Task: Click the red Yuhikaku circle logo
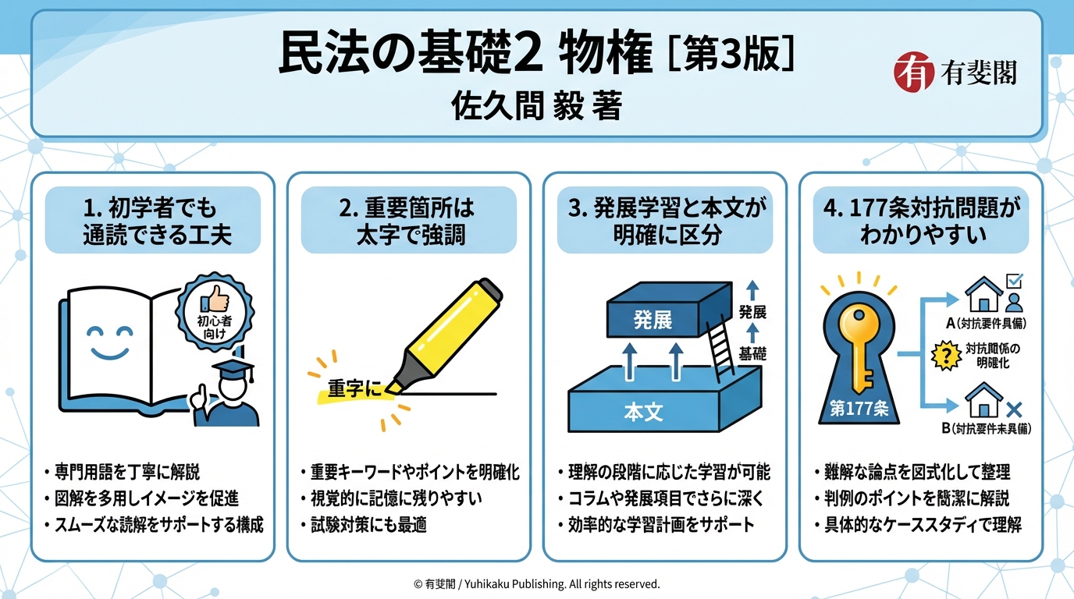pyautogui.click(x=914, y=72)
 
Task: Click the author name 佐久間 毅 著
pyautogui.click(x=536, y=106)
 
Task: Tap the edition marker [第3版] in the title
pyautogui.click(x=731, y=54)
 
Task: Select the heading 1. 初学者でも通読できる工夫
pyautogui.click(x=153, y=221)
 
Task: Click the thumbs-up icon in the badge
pyautogui.click(x=215, y=299)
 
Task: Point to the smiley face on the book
pyautogui.click(x=110, y=342)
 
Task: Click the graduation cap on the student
pyautogui.click(x=233, y=368)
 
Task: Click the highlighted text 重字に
pyautogui.click(x=355, y=388)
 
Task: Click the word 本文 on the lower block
pyautogui.click(x=643, y=412)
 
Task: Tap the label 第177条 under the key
pyautogui.click(x=859, y=409)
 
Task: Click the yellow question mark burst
pyautogui.click(x=946, y=356)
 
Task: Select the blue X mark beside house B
pyautogui.click(x=1014, y=409)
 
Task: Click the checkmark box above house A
pyautogui.click(x=1014, y=281)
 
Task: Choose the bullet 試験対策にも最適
pyautogui.click(x=365, y=525)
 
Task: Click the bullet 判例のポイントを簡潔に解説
pyautogui.click(x=912, y=498)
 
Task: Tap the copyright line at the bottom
pyautogui.click(x=536, y=584)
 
